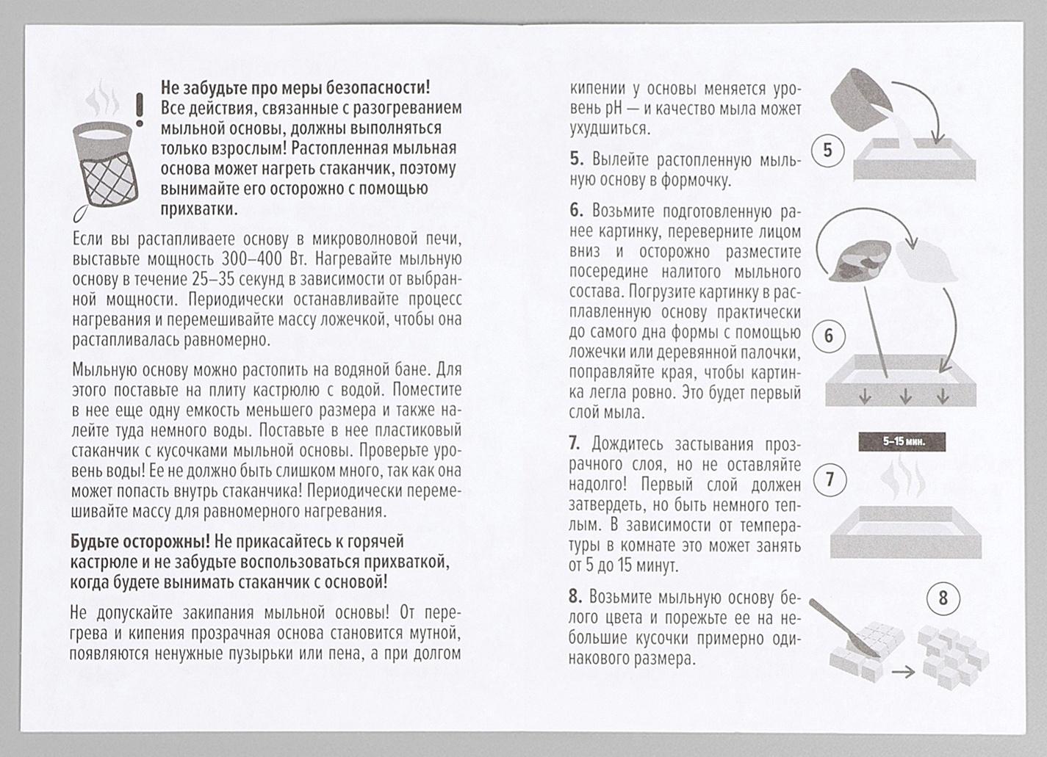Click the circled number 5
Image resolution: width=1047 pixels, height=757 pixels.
(827, 151)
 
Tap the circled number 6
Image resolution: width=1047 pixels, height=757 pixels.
(829, 336)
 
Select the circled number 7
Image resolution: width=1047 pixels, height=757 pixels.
(830, 480)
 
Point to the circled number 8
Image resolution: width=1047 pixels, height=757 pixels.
(943, 598)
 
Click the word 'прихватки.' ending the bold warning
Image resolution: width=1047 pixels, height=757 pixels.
(199, 209)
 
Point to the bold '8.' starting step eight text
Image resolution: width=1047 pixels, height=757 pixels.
(576, 598)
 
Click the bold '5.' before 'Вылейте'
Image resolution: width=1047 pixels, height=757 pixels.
(577, 159)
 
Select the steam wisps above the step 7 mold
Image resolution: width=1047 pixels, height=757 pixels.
(904, 477)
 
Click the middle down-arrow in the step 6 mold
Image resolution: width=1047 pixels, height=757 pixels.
(905, 396)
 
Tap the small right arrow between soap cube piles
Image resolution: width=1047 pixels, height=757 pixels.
(903, 671)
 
